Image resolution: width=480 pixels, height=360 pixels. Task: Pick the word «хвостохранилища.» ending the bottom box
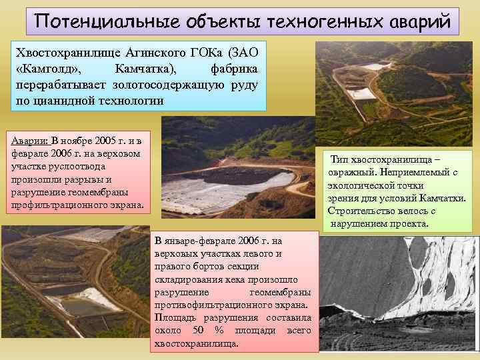click(197, 343)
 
